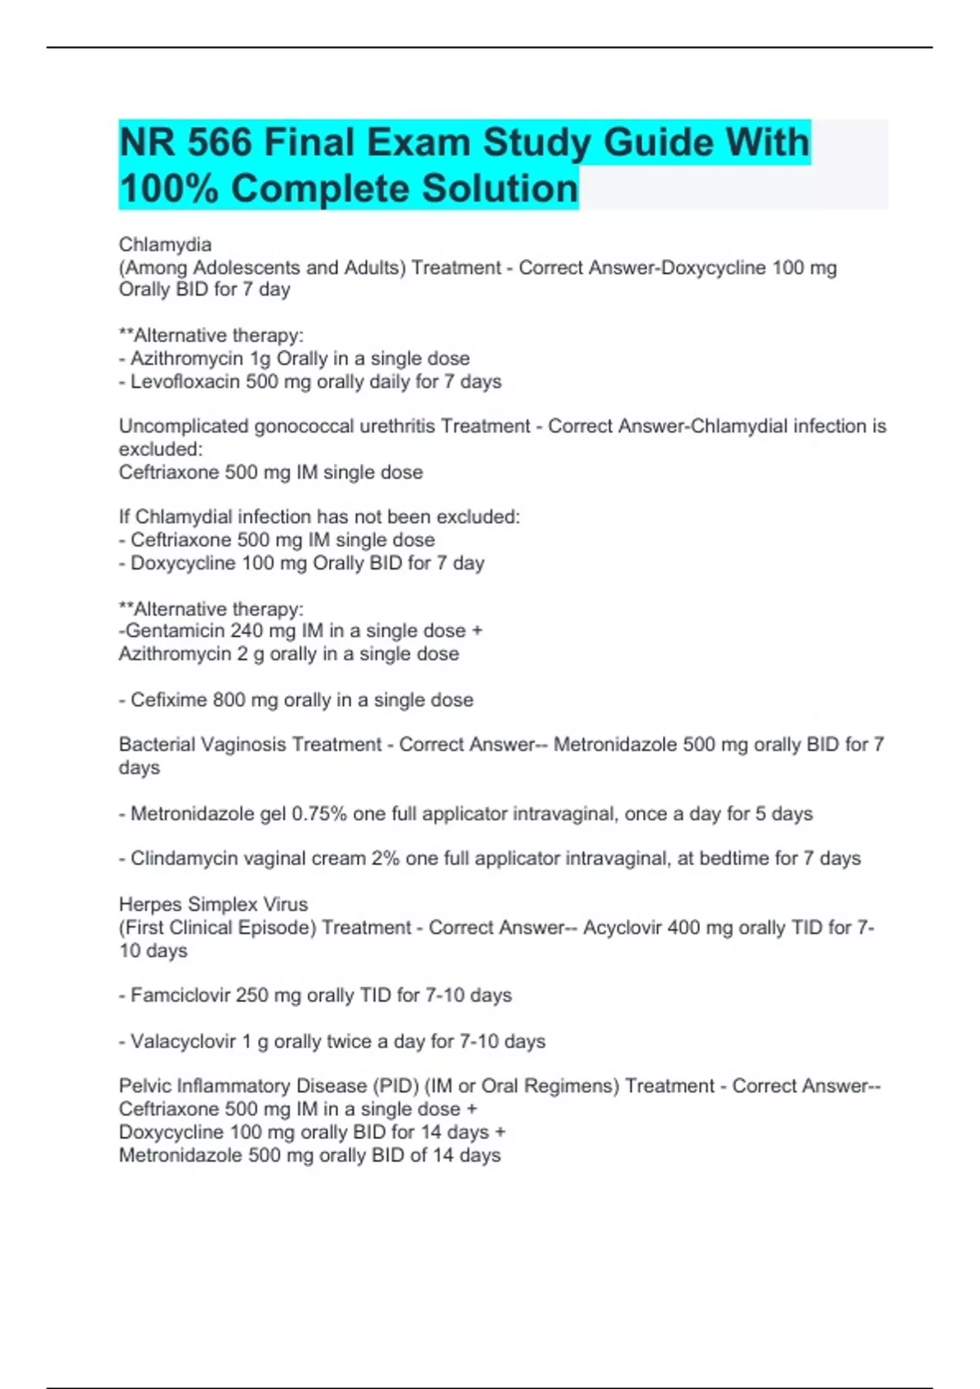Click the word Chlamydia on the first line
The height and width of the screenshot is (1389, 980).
165,244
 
